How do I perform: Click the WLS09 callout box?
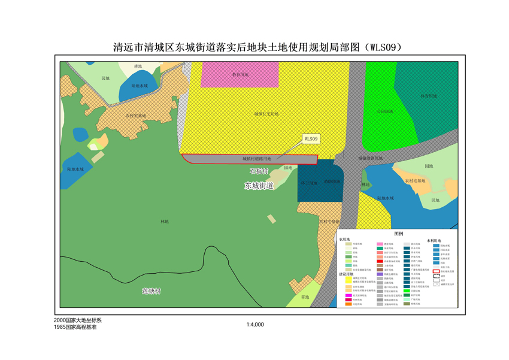click(311, 138)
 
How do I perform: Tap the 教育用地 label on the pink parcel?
click(240, 75)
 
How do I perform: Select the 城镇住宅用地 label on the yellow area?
click(266, 113)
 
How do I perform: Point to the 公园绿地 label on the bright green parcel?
click(384, 111)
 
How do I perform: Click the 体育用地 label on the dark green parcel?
click(427, 96)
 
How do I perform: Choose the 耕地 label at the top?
click(138, 66)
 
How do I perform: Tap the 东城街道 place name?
click(259, 186)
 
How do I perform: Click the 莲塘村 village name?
click(152, 291)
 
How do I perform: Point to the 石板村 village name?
click(260, 171)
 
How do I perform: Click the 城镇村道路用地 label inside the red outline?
click(257, 159)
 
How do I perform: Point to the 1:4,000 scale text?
click(255, 325)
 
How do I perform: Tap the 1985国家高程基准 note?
click(75, 328)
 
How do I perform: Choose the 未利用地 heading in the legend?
click(434, 241)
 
